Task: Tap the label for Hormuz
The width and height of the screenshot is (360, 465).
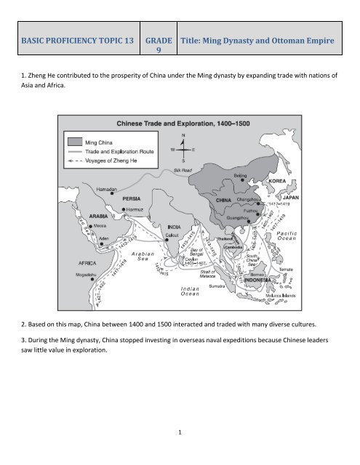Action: (x=139, y=209)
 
